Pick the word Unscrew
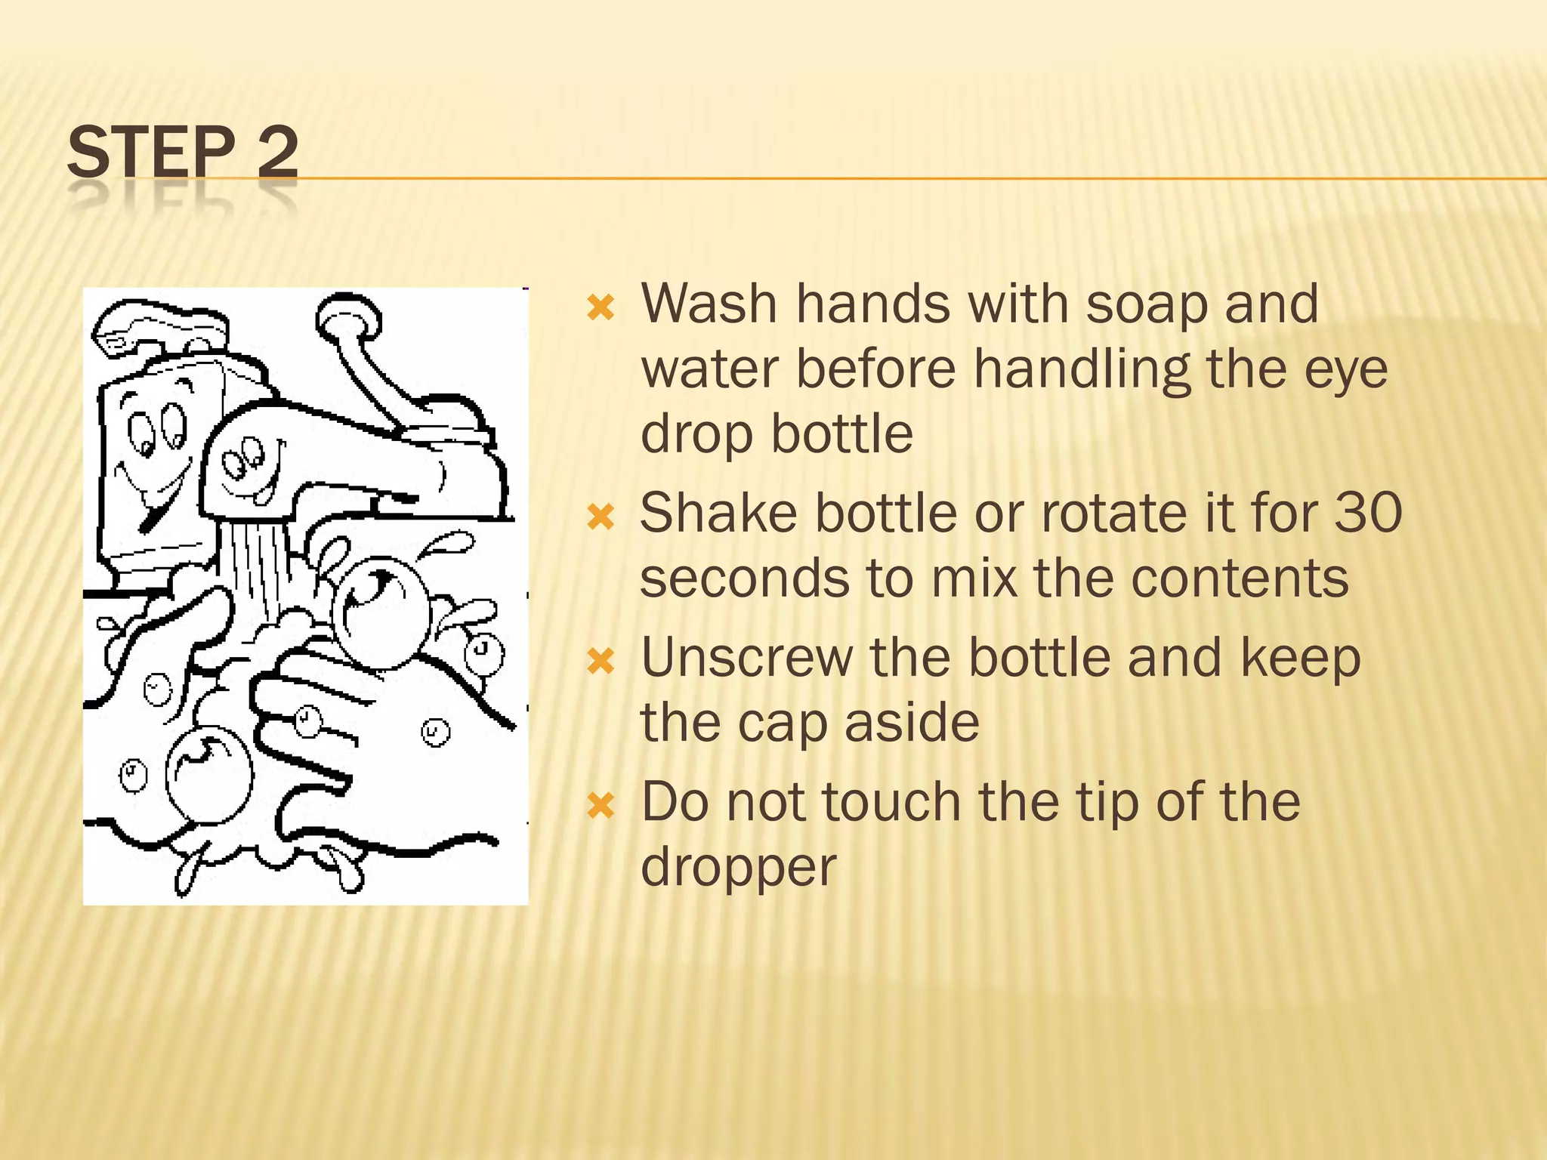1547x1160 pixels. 747,658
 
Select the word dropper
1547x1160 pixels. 738,866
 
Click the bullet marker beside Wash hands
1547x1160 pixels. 601,307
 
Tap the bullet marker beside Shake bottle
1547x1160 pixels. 601,517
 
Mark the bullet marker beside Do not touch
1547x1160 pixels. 601,805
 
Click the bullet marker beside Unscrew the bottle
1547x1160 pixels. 601,662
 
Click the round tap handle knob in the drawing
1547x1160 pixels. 348,316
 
